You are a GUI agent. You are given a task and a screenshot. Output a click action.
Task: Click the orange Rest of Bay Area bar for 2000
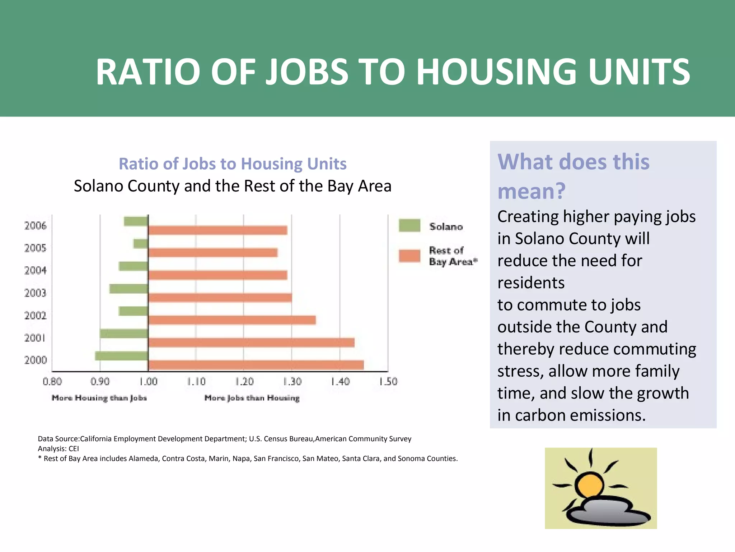pos(256,365)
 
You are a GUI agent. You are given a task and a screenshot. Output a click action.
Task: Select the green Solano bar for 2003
pos(129,289)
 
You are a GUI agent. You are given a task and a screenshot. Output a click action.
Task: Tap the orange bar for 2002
pos(232,320)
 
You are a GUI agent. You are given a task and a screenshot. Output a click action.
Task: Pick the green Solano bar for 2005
pos(141,244)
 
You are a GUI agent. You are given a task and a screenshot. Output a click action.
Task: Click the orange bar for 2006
pos(218,230)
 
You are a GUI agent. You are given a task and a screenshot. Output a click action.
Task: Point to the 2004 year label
pos(35,270)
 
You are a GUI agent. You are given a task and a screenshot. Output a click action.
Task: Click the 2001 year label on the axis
pos(35,338)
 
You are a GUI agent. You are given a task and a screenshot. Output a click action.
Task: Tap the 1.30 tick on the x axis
pos(292,381)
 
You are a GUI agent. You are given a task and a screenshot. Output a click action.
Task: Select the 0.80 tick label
pos(52,381)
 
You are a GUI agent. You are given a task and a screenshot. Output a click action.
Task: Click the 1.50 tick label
pos(388,381)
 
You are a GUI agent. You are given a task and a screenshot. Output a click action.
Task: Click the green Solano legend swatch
pos(409,225)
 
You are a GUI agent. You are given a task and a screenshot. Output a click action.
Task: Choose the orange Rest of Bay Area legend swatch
pos(409,256)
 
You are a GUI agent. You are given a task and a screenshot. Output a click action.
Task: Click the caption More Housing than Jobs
pos(99,398)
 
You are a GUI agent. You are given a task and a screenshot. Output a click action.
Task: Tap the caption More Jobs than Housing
pos(252,398)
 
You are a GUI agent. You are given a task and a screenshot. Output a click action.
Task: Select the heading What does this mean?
pos(573,176)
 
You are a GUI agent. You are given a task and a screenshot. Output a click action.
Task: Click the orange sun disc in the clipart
pos(589,485)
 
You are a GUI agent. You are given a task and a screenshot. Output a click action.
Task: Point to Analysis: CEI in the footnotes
pos(58,448)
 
